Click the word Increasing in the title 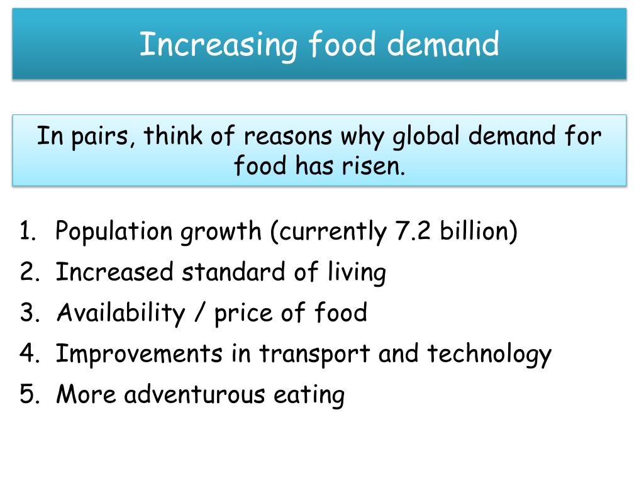(x=218, y=45)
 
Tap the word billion (x=478, y=231)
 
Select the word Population (x=114, y=231)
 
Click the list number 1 (x=26, y=231)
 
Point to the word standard (x=233, y=272)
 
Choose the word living (x=357, y=272)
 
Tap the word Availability (x=119, y=313)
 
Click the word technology (x=489, y=353)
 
